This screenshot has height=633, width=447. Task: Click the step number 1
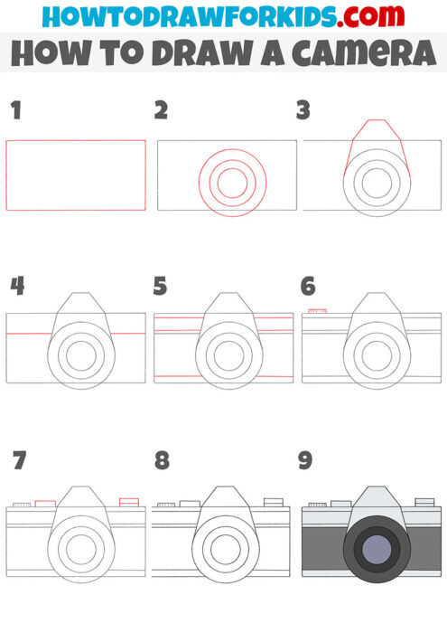14,111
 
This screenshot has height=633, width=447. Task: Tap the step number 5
161,287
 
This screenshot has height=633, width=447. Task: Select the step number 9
305,461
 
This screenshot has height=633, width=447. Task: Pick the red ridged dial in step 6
317,311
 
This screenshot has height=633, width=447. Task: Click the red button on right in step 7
128,501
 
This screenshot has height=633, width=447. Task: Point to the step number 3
303,111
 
